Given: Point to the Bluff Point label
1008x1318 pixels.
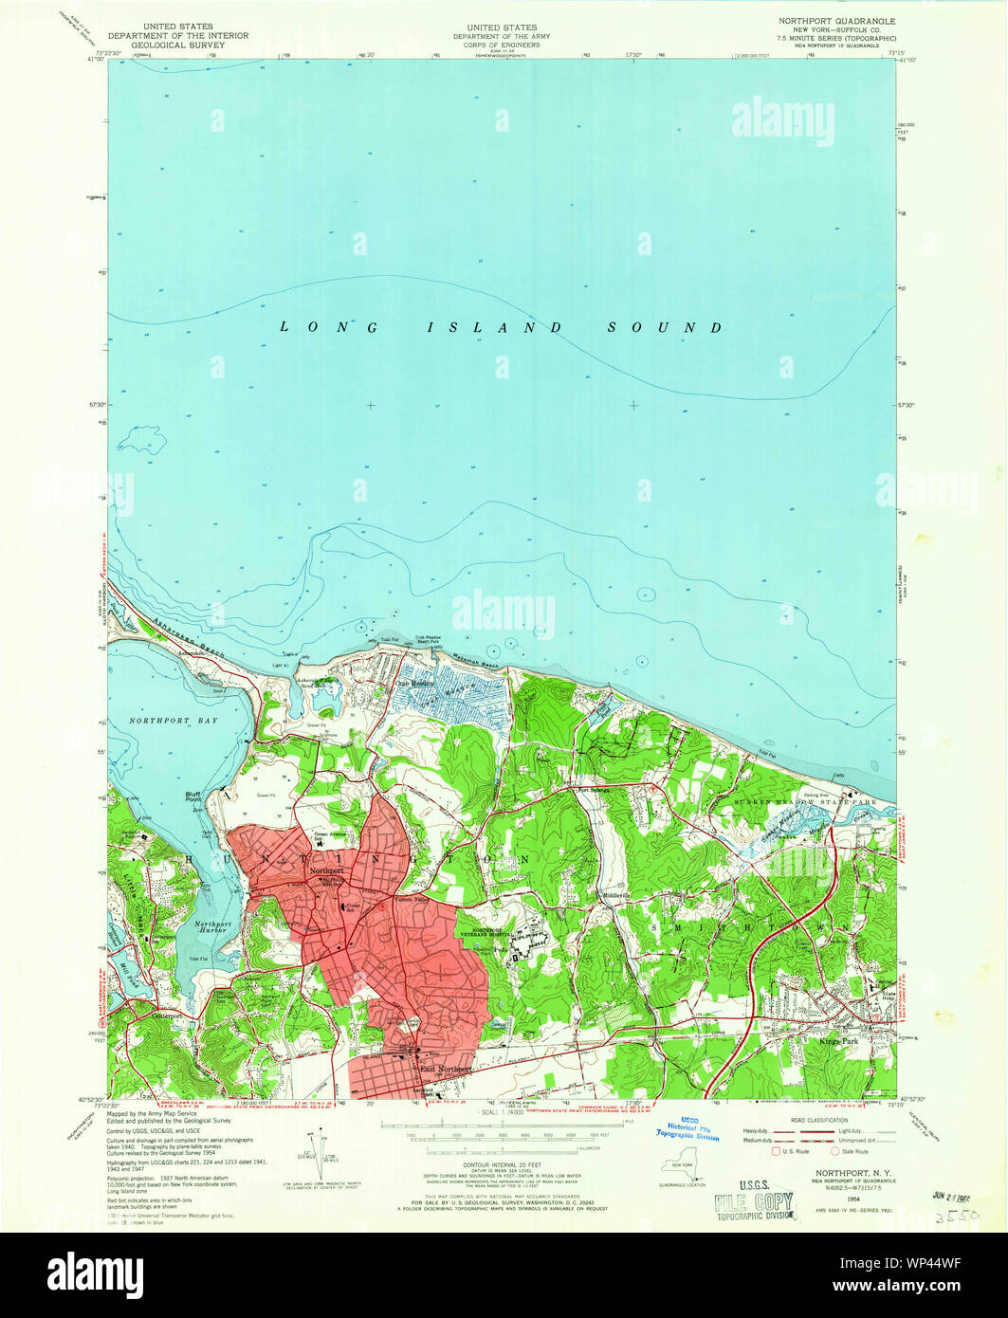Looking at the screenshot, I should click(193, 796).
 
